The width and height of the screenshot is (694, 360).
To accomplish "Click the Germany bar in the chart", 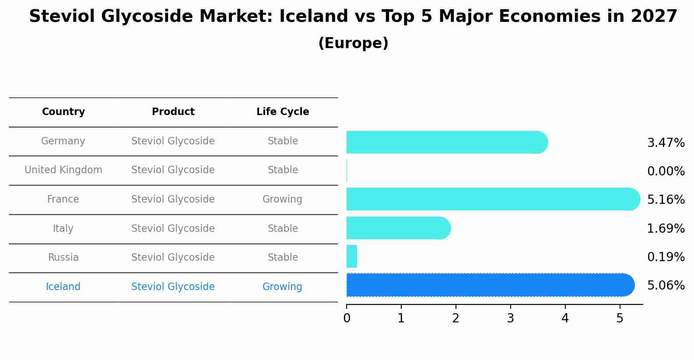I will [x=446, y=142].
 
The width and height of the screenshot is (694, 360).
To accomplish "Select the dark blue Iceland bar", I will [x=490, y=285].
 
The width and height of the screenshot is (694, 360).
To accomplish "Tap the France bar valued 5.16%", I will [x=493, y=199].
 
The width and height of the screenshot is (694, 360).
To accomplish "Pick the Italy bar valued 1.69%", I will [x=398, y=228].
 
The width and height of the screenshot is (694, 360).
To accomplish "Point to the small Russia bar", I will [x=352, y=256].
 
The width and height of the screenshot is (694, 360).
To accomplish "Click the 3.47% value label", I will [x=666, y=143].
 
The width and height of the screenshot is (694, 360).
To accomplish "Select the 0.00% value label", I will [x=666, y=171].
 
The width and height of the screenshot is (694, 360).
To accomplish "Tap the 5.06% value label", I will [x=666, y=286].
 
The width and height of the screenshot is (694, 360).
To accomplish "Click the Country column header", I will [x=63, y=112].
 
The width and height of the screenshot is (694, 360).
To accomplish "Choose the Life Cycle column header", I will [x=283, y=112].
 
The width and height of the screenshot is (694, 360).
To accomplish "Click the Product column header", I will [x=173, y=112].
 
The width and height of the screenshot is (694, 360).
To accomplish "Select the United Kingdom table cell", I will [x=63, y=170].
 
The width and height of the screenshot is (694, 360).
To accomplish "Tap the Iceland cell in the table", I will [x=63, y=287].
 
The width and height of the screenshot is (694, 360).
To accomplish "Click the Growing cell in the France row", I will [x=282, y=199].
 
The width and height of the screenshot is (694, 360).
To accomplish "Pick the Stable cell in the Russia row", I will [x=283, y=258].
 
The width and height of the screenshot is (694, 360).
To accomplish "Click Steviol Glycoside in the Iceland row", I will [x=173, y=287].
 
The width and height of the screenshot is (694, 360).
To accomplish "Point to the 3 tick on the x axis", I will [x=510, y=318].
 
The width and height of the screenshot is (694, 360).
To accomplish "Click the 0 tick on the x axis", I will [x=347, y=318].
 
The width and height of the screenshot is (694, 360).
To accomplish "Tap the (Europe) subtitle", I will [x=353, y=43].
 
